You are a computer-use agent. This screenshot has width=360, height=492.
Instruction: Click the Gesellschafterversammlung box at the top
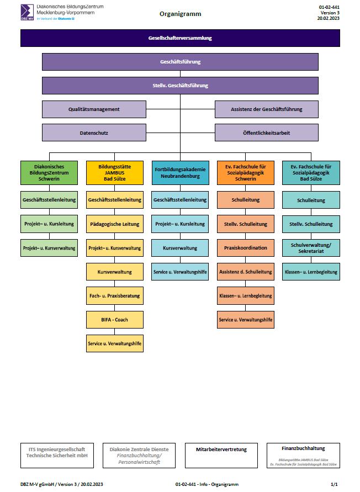pos(180,38)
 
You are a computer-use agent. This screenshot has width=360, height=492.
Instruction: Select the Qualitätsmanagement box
pos(94,109)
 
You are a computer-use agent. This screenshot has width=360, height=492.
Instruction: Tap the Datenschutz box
pos(94,133)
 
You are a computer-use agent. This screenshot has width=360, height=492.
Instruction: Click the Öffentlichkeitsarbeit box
pos(267,133)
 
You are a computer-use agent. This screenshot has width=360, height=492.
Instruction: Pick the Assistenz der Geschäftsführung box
pos(267,109)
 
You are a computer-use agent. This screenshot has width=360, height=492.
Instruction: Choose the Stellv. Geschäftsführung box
pos(180,86)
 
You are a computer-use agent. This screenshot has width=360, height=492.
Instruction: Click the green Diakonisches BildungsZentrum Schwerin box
pos(49,173)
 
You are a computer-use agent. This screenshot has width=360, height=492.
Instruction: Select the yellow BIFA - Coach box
pos(114,320)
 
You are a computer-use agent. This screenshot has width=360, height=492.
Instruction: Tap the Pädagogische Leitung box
pos(114,224)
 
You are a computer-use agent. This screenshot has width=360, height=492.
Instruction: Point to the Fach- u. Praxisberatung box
pos(114,295)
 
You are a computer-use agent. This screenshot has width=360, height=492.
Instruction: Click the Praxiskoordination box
pos(246,248)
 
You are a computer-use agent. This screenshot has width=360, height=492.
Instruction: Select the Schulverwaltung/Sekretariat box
pos(311,248)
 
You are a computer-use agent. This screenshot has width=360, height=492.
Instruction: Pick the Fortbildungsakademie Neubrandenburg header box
pos(180,173)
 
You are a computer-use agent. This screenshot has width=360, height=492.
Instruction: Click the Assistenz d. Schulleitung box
pos(246,272)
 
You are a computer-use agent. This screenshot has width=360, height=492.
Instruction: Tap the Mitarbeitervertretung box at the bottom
pos(221,456)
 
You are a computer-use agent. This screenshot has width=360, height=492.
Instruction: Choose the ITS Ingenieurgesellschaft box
pos(57,456)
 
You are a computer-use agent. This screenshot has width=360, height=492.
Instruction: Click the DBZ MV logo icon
pos(27,13)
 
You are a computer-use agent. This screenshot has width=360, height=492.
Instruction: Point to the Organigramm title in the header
pos(180,14)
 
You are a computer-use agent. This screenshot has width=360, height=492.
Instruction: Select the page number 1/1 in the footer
pos(334,484)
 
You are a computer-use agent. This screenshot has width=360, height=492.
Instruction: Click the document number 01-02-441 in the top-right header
pos(329,7)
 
